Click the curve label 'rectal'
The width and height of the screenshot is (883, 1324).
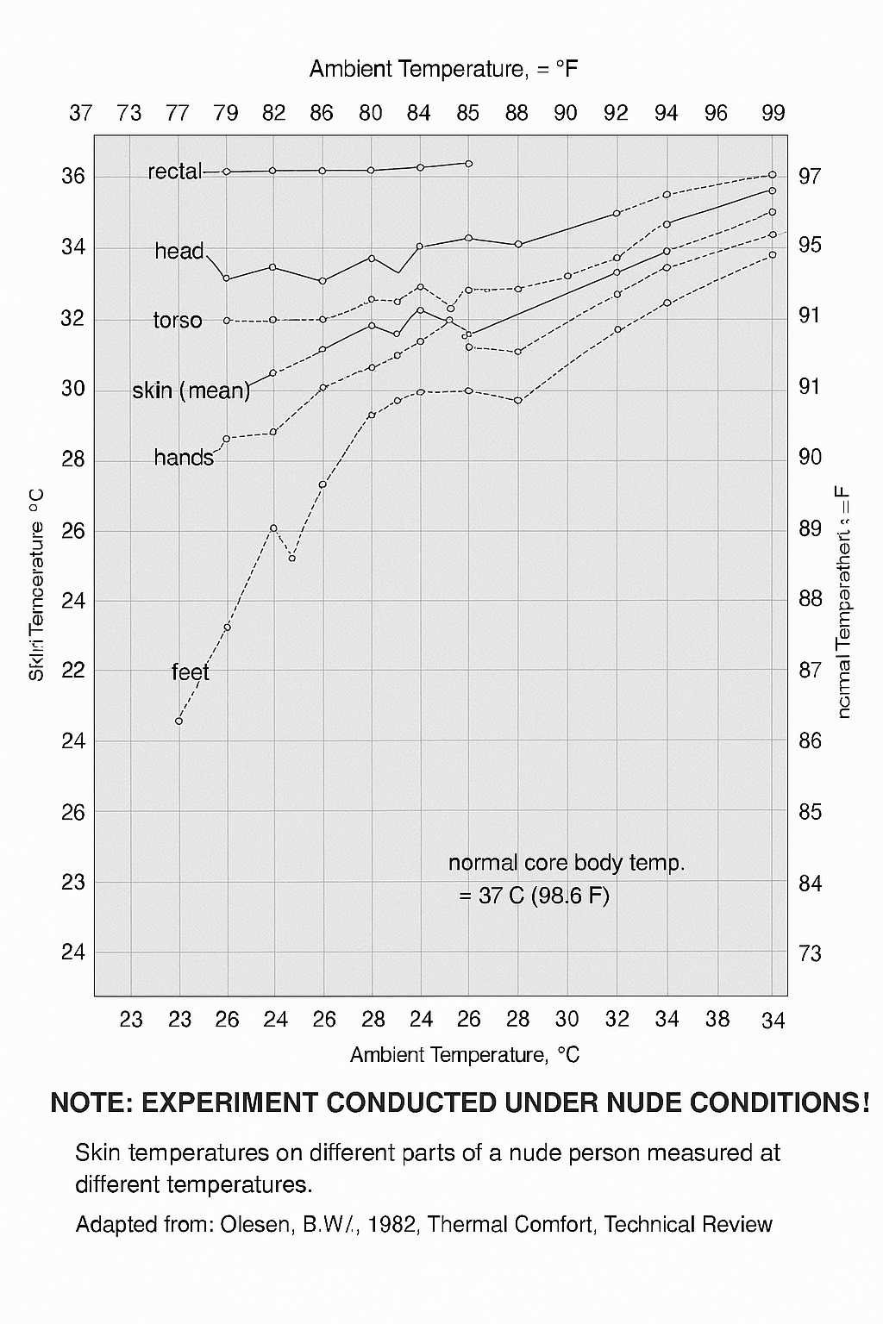tap(174, 172)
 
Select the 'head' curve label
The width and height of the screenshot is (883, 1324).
tap(179, 251)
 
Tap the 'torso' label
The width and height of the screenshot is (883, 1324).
tap(178, 321)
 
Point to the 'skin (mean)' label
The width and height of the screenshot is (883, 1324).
tap(191, 390)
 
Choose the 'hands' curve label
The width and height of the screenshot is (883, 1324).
tap(184, 458)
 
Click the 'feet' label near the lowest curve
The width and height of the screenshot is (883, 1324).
tap(191, 671)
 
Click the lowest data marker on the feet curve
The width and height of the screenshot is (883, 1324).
tap(179, 721)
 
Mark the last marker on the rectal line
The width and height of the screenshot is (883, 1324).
tap(469, 163)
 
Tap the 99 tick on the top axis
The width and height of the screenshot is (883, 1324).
tap(773, 113)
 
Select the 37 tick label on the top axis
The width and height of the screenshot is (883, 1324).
tap(80, 113)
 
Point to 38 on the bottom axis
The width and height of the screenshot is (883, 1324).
tap(717, 1020)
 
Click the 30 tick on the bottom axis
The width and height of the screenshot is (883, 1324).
tap(567, 1020)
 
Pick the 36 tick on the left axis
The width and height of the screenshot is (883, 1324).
tap(73, 176)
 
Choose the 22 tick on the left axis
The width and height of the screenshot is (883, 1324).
tap(73, 670)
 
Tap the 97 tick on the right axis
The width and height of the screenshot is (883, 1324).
tap(810, 176)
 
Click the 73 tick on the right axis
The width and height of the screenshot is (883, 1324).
tap(810, 953)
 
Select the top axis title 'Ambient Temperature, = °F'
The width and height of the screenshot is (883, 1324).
tap(443, 69)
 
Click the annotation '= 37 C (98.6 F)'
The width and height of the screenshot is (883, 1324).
tap(534, 896)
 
